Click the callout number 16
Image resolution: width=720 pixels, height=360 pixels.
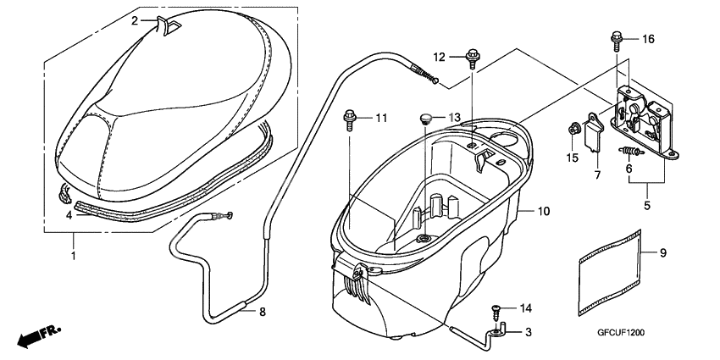coord(648,40)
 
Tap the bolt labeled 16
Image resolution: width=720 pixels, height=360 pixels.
coord(616,39)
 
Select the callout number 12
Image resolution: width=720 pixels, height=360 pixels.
coord(439,57)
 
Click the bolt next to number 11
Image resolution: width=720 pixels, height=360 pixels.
coord(349,118)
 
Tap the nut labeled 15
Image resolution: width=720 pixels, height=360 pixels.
coord(574,130)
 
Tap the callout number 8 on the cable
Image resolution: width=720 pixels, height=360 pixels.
coord(262,313)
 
